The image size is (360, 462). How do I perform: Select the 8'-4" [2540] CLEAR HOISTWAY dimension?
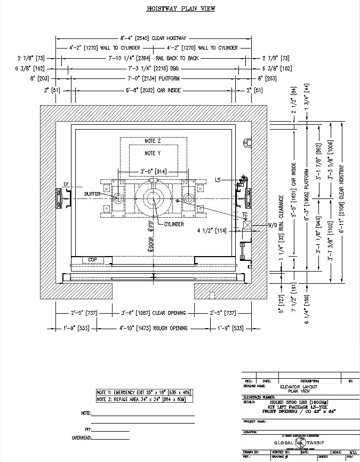point(153,38)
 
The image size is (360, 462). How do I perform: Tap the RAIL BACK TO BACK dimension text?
point(154,58)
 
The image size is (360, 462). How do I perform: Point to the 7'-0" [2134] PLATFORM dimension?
point(153,79)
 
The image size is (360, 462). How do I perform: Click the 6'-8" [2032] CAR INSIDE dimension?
point(153,91)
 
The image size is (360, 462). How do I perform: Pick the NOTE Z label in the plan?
point(153,141)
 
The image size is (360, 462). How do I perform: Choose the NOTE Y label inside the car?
point(153,153)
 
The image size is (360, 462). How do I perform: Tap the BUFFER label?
point(94,194)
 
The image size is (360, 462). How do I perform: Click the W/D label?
point(258,225)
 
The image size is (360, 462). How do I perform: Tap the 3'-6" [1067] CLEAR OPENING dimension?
point(153,313)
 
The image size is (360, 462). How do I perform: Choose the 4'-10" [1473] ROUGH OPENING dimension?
point(153,328)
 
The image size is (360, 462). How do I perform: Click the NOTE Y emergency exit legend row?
point(143,392)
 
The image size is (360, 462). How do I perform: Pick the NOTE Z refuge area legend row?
point(143,399)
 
